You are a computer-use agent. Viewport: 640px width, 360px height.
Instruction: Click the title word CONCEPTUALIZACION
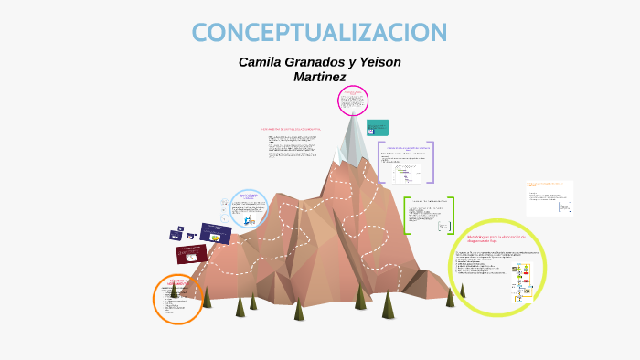click(319, 32)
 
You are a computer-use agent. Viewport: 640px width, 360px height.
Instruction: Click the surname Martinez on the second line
click(319, 77)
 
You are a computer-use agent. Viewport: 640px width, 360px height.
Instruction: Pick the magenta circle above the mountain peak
click(352, 101)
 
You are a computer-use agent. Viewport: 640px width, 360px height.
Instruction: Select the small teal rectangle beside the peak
click(377, 127)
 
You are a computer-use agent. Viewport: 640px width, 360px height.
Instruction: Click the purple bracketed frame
click(405, 162)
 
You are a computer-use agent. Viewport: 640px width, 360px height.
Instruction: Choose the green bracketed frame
click(428, 216)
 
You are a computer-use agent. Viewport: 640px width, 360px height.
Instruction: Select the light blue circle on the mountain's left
click(248, 208)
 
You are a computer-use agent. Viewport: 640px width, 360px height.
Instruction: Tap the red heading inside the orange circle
click(177, 281)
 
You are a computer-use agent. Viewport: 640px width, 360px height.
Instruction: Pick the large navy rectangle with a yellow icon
click(215, 233)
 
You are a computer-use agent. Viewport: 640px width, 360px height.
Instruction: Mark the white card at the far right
click(549, 198)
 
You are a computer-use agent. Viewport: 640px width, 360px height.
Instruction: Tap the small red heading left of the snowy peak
click(291, 130)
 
